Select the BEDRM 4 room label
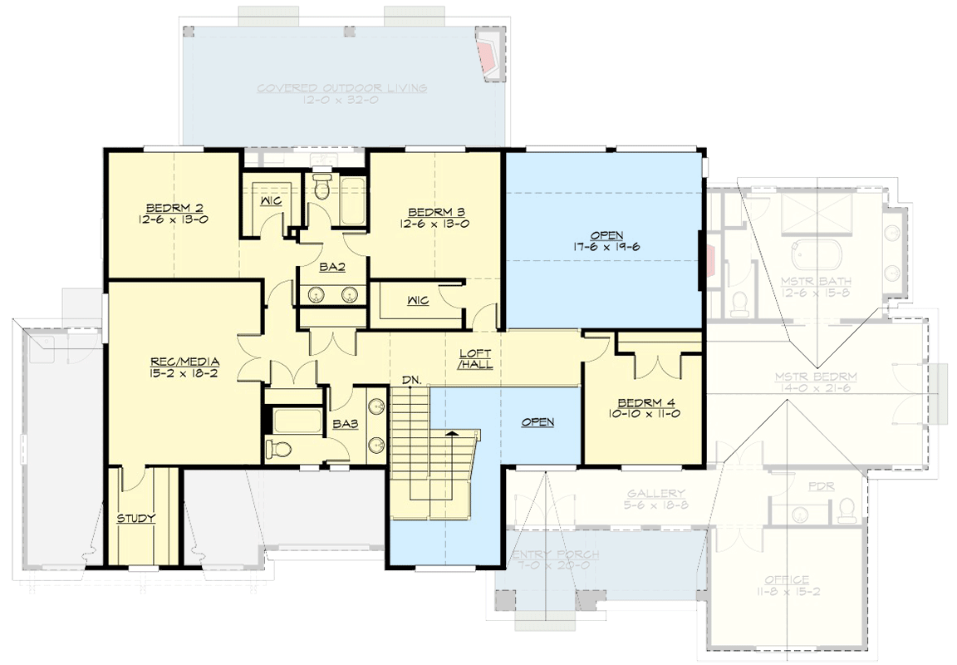click(647, 402)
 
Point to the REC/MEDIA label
click(184, 362)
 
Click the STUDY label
click(136, 519)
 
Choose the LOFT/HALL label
click(477, 358)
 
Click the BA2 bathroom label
click(333, 268)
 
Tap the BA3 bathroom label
click(345, 424)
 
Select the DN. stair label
click(411, 380)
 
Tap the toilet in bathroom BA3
click(278, 450)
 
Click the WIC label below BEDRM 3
click(418, 301)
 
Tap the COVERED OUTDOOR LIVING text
click(341, 88)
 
